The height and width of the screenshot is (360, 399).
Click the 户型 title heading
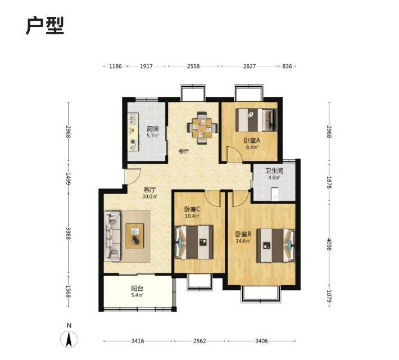pos(45,26)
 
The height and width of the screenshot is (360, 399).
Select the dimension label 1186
pos(115,66)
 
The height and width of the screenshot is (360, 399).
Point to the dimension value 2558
pos(193,66)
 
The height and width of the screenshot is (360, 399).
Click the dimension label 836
pos(287,66)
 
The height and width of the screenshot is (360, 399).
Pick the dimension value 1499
pos(68,179)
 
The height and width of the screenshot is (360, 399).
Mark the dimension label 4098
pos(329,244)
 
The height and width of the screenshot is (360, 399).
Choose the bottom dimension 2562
pos(199,341)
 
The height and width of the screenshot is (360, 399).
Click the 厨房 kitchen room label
pos(153,129)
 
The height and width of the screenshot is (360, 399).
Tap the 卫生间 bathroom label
pos(274,171)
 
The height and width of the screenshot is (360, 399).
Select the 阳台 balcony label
pos(137,289)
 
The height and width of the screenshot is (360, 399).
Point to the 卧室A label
pos(252,141)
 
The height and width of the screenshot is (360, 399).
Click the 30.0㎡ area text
pos(149,196)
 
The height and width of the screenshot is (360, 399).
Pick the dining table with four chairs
pos(202,128)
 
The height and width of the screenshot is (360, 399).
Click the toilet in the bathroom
pos(275,194)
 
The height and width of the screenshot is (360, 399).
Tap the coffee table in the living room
pos(135,236)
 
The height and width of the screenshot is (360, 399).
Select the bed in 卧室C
pos(194,242)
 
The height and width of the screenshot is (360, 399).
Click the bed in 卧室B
pos(275,245)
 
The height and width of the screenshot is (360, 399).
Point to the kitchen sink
pos(132,119)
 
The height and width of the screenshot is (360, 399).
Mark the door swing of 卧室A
pos(235,154)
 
